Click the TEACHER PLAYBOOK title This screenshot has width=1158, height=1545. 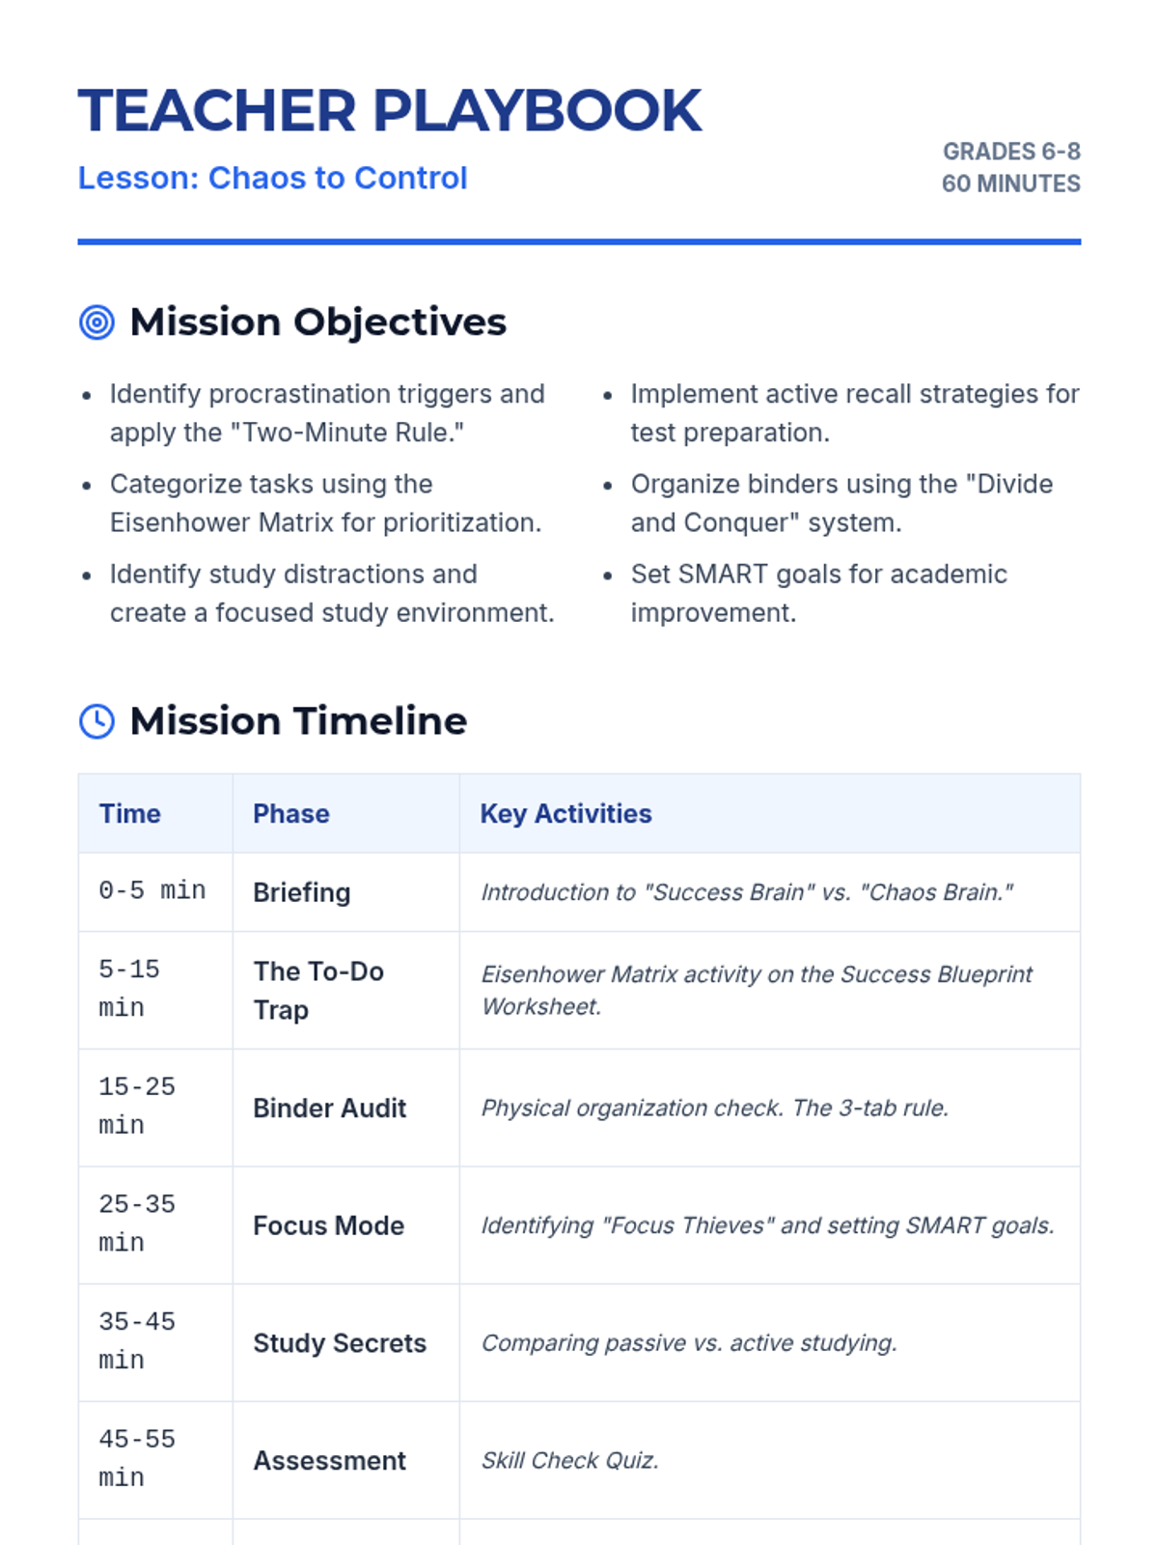[390, 110]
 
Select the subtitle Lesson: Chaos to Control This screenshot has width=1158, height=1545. [272, 178]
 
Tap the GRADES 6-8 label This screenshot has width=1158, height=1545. [1011, 152]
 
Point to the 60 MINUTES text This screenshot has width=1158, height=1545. [1011, 183]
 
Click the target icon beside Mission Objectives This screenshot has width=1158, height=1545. [96, 323]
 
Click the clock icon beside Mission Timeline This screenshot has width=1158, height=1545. [96, 721]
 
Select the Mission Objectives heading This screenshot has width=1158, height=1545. [317, 323]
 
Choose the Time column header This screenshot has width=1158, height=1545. [129, 814]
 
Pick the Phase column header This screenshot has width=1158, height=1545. [291, 814]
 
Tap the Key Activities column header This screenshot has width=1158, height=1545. [566, 814]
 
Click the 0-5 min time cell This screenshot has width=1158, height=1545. [152, 891]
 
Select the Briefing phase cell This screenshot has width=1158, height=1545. [302, 892]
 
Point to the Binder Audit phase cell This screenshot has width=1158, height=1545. [330, 1108]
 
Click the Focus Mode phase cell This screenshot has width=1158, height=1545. [328, 1225]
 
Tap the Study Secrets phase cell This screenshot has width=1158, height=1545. [340, 1343]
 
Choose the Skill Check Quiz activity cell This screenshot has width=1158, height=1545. [570, 1461]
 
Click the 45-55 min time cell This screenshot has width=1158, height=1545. [136, 1458]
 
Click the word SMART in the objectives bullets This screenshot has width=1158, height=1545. [723, 575]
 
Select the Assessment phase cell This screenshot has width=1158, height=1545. [330, 1461]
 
